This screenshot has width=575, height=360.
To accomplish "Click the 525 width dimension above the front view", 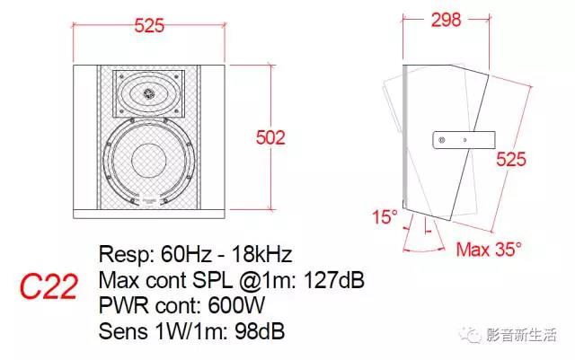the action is coord(149,26).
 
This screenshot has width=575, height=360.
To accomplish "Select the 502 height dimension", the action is coord(270,138).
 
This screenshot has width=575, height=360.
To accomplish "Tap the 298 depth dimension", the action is coord(446,20).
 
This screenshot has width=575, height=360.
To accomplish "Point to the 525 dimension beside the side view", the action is coord(511,159).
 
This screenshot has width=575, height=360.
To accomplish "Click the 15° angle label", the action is coord(385,216).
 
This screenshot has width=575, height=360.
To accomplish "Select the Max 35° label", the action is coord(489,250).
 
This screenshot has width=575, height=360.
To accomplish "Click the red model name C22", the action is coord(49,286).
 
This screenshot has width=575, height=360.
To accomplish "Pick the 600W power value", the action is coord(236,305).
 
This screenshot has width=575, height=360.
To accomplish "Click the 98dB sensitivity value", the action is coord(260,331).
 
